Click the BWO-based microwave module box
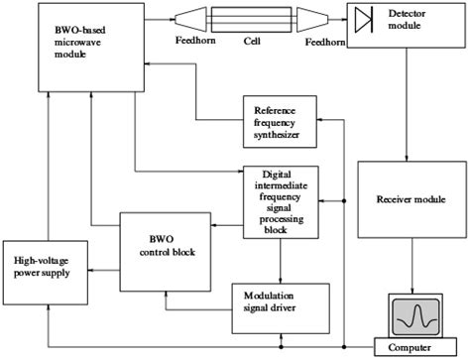click(84, 48)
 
